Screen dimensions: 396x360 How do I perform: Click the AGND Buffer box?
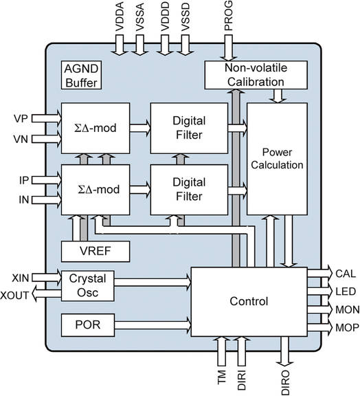81,76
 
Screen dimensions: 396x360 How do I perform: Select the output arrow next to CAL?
318,273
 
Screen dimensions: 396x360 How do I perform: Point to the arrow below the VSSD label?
184,45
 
